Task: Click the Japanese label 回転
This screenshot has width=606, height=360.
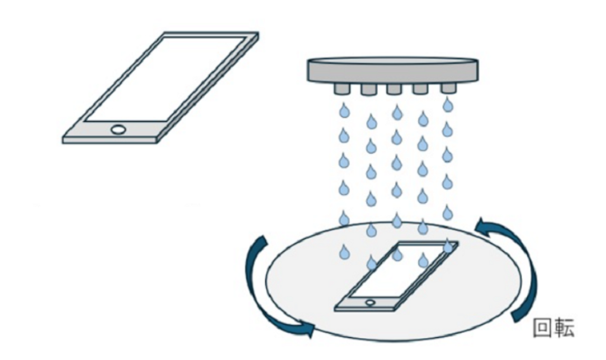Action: point(553,328)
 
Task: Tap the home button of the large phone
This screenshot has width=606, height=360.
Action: point(119,129)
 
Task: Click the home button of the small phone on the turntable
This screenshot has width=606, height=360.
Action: point(371,302)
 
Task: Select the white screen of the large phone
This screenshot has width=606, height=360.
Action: point(165,79)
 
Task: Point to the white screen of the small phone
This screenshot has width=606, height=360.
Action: point(397,271)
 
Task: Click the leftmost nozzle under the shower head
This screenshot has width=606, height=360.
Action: point(343,89)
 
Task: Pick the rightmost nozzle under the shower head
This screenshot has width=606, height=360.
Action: point(448,89)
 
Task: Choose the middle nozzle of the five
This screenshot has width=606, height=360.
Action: point(393,90)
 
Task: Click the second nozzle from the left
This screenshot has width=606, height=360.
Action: point(369,90)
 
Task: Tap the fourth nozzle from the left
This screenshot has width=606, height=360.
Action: point(421,90)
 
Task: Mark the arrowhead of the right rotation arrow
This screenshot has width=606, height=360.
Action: point(484,225)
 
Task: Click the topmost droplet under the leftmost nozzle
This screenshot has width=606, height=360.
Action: point(344,112)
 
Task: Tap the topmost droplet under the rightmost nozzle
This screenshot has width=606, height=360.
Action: point(448,105)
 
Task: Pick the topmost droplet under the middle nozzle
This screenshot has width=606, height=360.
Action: point(397,112)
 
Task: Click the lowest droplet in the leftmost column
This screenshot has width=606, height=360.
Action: point(344,252)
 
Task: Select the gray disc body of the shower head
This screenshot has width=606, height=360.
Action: point(393,70)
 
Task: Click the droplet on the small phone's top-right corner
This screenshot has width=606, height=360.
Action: point(448,246)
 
